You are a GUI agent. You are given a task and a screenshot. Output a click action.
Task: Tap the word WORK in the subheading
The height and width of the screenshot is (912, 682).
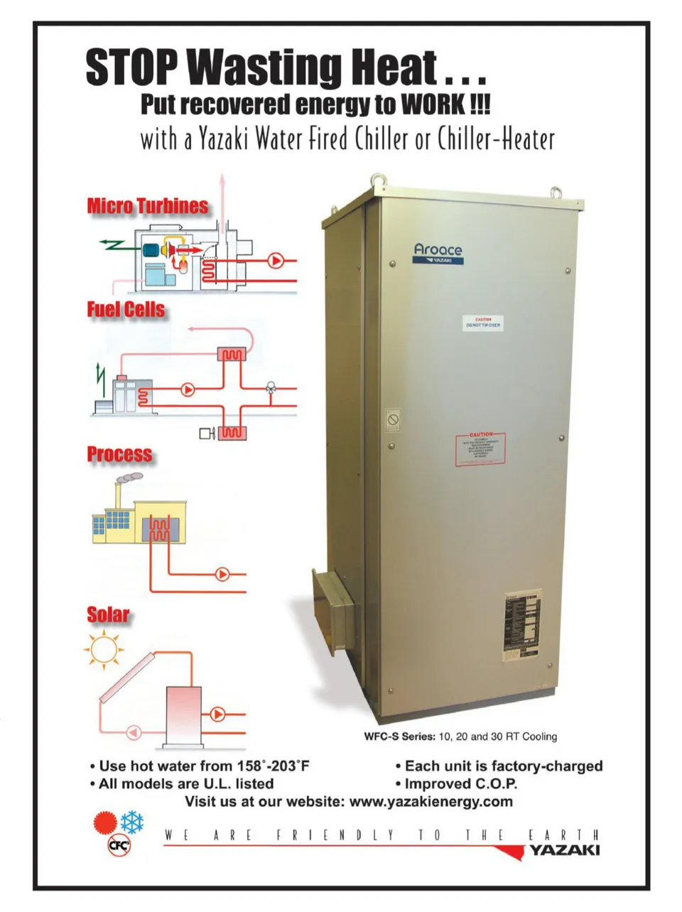pyautogui.click(x=431, y=104)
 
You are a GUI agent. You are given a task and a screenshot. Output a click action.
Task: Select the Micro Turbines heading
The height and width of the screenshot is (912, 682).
pyautogui.click(x=148, y=206)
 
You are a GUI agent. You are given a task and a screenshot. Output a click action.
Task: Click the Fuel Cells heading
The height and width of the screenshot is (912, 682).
pyautogui.click(x=126, y=310)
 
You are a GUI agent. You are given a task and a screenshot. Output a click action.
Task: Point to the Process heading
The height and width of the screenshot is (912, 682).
pyautogui.click(x=119, y=455)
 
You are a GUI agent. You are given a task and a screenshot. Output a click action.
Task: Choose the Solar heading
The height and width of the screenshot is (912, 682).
pyautogui.click(x=108, y=614)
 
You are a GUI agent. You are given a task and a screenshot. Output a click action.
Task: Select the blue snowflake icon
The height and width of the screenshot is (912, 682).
pyautogui.click(x=132, y=823)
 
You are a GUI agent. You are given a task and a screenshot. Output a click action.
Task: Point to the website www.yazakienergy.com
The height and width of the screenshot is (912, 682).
pyautogui.click(x=431, y=802)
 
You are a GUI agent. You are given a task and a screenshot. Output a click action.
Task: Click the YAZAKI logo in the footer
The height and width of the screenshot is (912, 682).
pyautogui.click(x=563, y=850)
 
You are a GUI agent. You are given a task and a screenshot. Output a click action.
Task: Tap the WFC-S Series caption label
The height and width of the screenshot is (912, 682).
pyautogui.click(x=399, y=737)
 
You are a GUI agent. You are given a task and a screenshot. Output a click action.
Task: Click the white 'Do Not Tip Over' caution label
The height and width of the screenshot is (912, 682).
pyautogui.click(x=483, y=323)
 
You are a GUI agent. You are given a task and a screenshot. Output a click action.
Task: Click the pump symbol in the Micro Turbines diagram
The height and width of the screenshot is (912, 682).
pyautogui.click(x=276, y=261)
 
